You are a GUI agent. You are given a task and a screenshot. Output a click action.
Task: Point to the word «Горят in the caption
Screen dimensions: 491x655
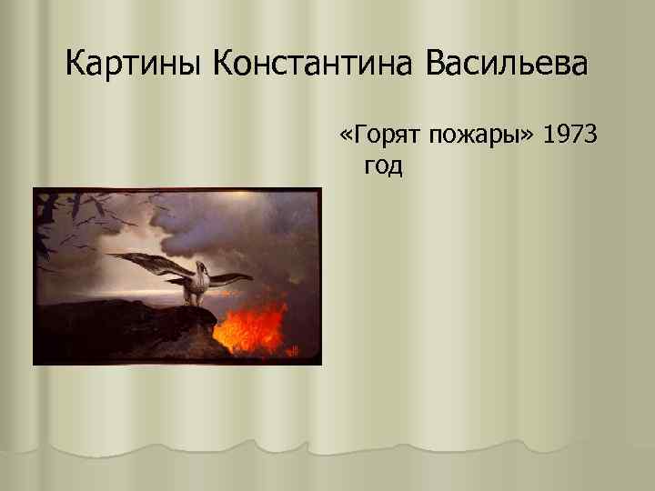372,136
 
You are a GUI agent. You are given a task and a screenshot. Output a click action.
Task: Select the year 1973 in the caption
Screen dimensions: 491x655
569,136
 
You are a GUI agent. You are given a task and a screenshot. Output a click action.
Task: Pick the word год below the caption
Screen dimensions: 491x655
382,166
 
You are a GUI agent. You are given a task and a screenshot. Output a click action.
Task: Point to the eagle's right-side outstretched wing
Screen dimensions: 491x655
233,278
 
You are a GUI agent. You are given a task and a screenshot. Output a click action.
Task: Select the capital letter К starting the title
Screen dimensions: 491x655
76,65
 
